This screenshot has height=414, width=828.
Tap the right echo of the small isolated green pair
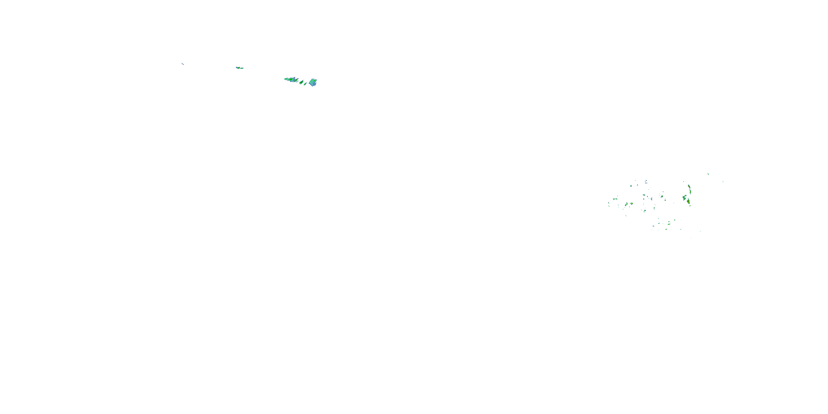point(242,68)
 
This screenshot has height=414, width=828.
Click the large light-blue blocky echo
point(313,83)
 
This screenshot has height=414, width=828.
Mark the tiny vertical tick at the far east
point(723,182)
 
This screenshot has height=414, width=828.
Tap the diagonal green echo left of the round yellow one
point(626,205)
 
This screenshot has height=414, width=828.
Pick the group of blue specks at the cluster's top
point(646,182)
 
